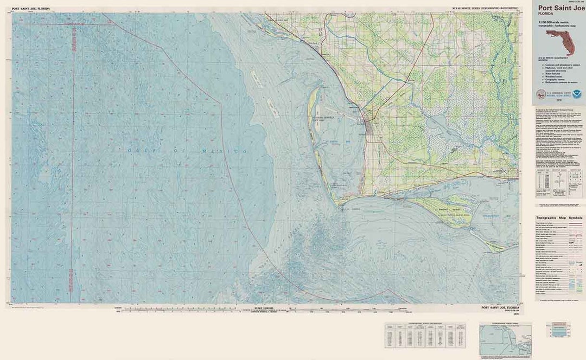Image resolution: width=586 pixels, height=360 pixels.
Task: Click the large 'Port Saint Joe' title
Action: click(560, 8)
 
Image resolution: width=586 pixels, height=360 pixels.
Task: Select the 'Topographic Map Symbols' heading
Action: click(559, 217)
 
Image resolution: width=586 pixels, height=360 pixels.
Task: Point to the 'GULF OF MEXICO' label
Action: click(187, 149)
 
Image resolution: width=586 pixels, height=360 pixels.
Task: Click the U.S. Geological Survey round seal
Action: click(540, 94)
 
